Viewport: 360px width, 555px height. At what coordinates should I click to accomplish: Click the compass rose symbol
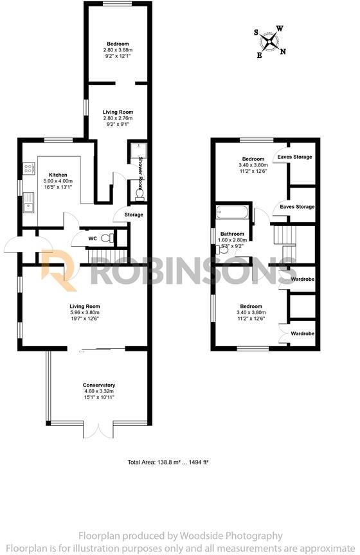(x=271, y=40)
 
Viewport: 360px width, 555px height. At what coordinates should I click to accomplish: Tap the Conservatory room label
(x=99, y=385)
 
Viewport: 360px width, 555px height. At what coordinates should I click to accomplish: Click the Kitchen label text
(x=59, y=174)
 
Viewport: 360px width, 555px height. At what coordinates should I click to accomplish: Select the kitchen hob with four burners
(x=29, y=169)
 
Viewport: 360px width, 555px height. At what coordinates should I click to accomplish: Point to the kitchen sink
(x=28, y=207)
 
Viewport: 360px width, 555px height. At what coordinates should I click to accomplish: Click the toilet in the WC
(x=108, y=238)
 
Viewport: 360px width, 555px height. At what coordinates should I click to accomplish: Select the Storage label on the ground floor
(x=133, y=215)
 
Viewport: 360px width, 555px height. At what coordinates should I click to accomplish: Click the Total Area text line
(x=169, y=462)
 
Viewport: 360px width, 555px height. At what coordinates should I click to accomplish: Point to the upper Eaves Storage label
(x=294, y=157)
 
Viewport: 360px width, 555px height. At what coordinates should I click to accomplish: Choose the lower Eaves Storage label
(x=296, y=207)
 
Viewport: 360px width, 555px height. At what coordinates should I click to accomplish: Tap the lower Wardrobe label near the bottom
(x=302, y=333)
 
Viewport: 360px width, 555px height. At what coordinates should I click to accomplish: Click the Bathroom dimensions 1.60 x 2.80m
(x=233, y=240)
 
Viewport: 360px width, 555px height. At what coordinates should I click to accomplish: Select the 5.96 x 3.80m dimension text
(x=98, y=313)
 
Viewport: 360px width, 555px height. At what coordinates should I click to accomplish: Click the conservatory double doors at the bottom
(x=98, y=430)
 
